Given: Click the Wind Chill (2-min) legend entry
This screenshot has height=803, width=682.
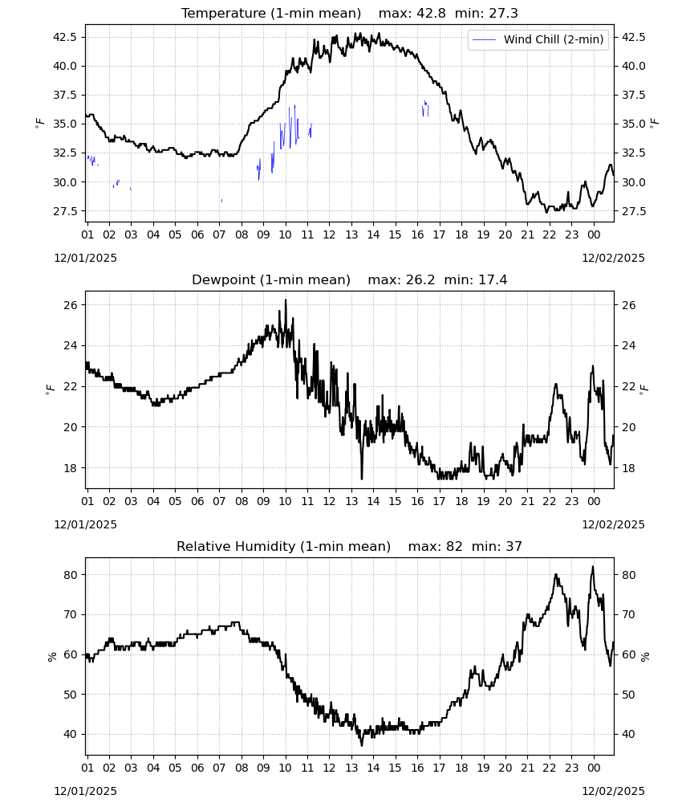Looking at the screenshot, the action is (x=538, y=39).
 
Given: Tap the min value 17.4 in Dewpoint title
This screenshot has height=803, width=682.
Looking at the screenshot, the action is (x=493, y=279).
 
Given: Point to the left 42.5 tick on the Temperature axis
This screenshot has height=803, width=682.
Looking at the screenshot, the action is (x=66, y=37).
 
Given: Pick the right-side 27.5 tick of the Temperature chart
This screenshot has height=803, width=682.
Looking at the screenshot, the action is (x=633, y=211).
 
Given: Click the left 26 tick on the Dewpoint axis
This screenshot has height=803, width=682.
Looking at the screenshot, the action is (x=71, y=305).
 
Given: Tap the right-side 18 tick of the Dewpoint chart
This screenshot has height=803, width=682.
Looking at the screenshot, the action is (x=628, y=468).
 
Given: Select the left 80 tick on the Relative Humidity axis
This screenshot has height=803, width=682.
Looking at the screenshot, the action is (x=71, y=575).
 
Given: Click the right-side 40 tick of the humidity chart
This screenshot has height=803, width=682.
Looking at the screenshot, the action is (x=628, y=735).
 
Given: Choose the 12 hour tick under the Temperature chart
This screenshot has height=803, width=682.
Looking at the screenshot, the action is (x=329, y=234).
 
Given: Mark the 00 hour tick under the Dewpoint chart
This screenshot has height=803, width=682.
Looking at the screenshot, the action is (x=594, y=501).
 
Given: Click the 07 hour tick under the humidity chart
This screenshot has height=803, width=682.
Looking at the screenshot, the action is (x=219, y=768).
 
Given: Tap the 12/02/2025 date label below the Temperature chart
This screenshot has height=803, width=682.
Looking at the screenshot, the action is (x=613, y=258).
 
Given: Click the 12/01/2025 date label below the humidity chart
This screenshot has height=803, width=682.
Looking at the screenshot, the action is (x=85, y=791).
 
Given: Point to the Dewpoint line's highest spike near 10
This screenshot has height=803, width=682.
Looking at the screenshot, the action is (x=286, y=300).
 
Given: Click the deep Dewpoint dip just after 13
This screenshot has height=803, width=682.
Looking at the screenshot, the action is (x=362, y=479).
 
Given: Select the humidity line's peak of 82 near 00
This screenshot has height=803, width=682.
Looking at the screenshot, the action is (x=593, y=566).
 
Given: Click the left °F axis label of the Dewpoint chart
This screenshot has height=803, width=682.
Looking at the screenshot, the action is (x=50, y=389).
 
